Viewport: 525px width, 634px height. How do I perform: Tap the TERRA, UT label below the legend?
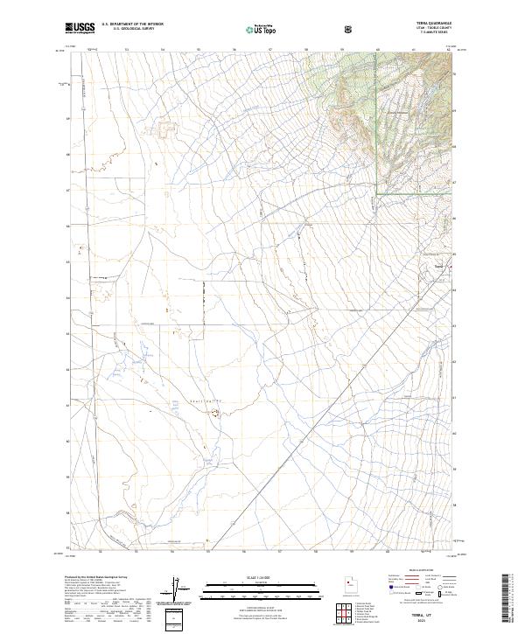pos(424,616)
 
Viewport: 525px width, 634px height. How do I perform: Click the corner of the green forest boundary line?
pos(378,192)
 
